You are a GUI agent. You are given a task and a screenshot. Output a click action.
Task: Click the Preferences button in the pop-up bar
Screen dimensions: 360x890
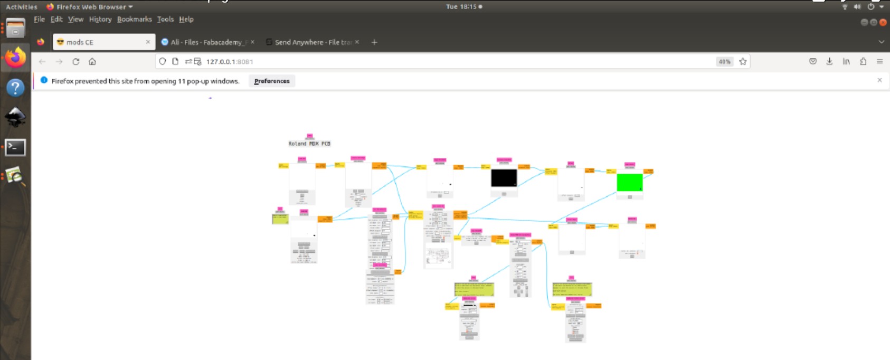coord(271,81)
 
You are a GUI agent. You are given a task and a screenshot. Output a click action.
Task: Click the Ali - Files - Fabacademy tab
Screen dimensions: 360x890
coord(206,42)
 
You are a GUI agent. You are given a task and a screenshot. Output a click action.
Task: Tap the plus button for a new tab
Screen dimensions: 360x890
coord(374,42)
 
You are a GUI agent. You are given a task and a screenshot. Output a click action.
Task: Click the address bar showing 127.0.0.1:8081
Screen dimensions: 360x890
coord(422,62)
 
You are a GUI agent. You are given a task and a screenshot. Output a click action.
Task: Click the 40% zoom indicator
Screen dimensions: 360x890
coord(724,62)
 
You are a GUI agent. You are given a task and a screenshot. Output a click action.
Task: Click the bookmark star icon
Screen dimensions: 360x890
coord(743,62)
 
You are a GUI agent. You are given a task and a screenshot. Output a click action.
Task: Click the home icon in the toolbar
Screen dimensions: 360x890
coord(92,62)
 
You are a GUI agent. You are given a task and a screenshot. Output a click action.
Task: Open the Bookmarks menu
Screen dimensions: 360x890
coord(134,20)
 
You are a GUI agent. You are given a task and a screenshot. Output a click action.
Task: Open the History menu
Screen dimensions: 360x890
coord(100,20)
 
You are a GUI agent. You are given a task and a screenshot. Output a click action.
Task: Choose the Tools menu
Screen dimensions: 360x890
coord(165,20)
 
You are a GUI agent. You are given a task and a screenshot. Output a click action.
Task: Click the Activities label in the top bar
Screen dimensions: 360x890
coord(22,7)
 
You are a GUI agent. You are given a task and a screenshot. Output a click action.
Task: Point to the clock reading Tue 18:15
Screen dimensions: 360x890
coord(461,7)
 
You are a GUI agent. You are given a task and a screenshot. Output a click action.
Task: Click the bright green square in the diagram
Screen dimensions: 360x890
coord(629,182)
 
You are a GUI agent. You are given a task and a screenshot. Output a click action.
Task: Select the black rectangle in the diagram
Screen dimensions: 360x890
coord(504,178)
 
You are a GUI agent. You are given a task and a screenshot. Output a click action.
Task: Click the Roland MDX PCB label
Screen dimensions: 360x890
coord(309,144)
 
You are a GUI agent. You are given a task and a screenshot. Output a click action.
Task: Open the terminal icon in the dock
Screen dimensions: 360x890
coord(15,147)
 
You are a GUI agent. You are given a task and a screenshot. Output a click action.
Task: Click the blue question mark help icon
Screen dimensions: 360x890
coord(15,88)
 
